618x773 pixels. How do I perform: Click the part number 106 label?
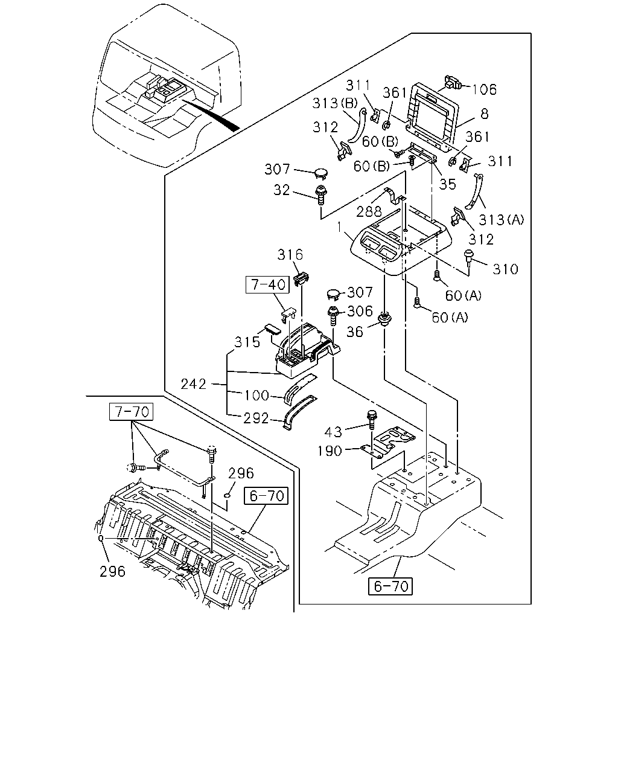pos(484,89)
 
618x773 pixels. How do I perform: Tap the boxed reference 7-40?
pos(267,285)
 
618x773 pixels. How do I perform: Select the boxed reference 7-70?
pos(131,412)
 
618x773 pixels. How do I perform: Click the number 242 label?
pos(193,384)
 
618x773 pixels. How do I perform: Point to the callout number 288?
pos(369,212)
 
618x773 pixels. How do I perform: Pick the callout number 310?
pos(505,269)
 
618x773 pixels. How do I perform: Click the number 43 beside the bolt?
pos(333,432)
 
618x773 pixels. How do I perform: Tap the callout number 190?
pos(330,451)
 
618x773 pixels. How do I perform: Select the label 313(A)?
pos(502,219)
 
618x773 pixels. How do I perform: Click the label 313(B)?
pos(335,103)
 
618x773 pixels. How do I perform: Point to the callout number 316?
pos(290,255)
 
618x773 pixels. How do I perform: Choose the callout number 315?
pos(247,342)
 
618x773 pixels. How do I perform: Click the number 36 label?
pos(355,332)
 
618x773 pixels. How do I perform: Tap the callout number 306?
pos(360,311)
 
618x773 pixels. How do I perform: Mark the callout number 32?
pos(281,190)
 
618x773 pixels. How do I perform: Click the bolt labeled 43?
pos(371,420)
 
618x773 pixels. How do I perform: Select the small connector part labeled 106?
pos(453,82)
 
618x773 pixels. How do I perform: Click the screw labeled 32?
pos(320,195)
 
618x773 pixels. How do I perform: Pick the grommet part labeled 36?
pos(385,319)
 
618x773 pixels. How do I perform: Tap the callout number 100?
pos(256,396)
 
